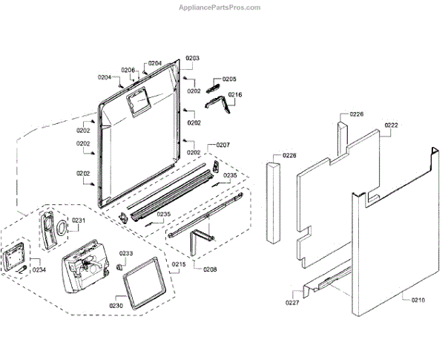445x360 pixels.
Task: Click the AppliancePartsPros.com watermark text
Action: click(220, 7)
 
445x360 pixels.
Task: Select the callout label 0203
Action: click(193, 58)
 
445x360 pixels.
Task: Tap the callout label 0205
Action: click(229, 79)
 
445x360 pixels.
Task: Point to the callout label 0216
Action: click(234, 95)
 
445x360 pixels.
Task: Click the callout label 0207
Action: click(223, 145)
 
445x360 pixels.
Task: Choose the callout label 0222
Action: click(392, 125)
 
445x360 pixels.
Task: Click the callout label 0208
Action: click(210, 268)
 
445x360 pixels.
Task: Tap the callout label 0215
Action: click(179, 265)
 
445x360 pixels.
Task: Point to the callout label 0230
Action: click(117, 305)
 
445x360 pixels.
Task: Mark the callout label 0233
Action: click(127, 253)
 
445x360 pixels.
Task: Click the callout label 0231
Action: click(79, 220)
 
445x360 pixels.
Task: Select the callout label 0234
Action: click(39, 269)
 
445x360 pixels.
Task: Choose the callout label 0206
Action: click(128, 71)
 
